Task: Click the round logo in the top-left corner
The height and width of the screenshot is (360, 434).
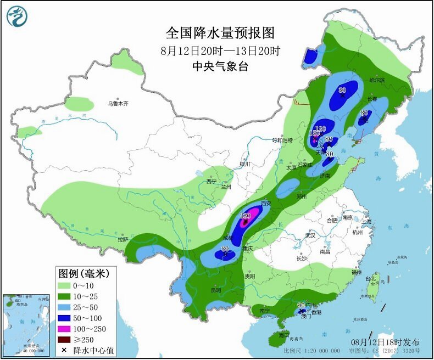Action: click(16, 16)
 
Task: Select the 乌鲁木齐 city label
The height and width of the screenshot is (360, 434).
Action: click(118, 103)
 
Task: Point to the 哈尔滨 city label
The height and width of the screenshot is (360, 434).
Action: click(377, 81)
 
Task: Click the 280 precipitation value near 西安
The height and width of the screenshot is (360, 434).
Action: click(245, 216)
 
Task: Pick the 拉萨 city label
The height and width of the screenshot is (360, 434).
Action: click(123, 239)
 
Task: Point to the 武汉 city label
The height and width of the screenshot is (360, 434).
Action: click(311, 235)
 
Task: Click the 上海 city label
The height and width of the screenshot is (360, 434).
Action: click(366, 221)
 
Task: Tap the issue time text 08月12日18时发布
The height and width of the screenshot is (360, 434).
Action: click(385, 342)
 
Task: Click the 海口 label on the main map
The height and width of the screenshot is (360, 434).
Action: click(283, 334)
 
